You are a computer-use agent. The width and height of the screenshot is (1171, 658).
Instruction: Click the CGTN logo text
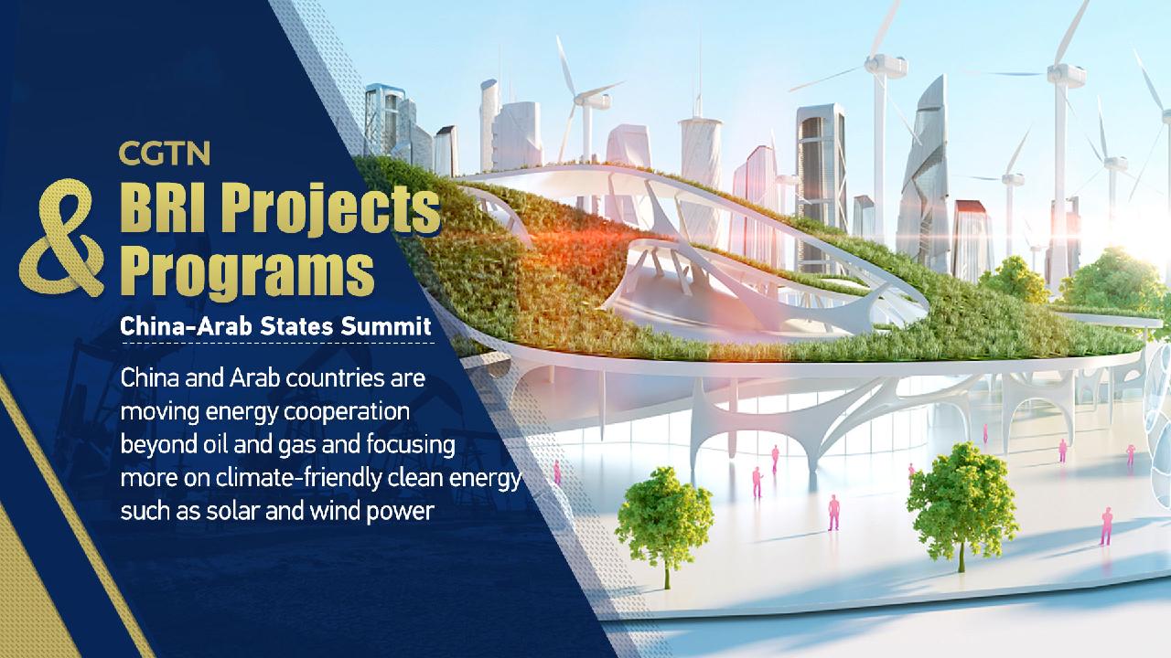165,154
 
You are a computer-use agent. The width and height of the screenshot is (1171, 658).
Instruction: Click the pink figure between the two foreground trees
833,512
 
